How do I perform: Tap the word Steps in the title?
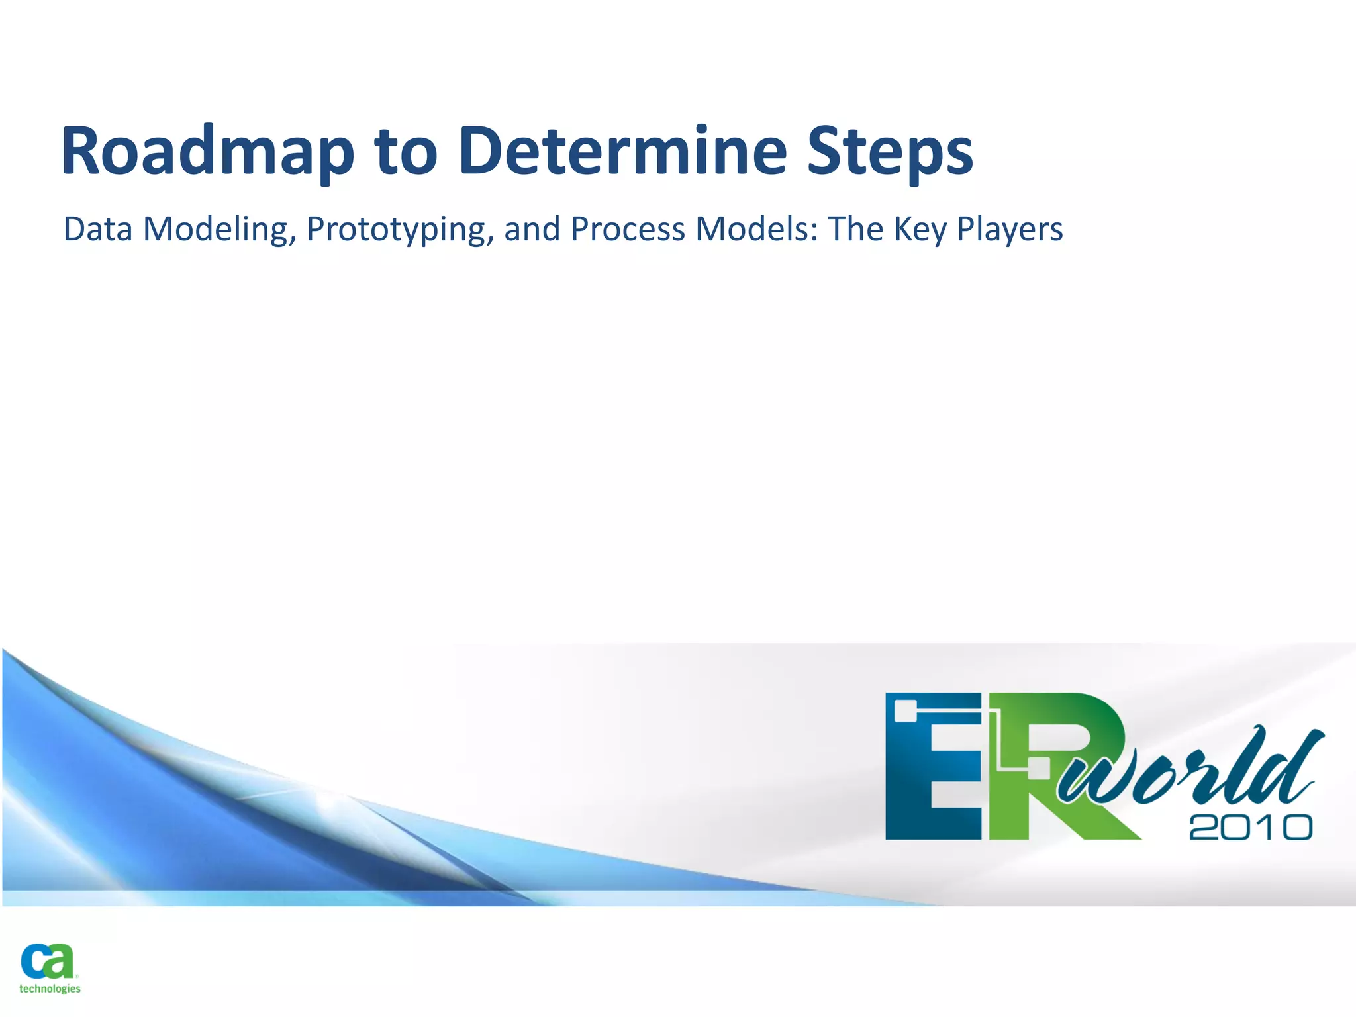(890, 152)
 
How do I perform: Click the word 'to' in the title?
(405, 152)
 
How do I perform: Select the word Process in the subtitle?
(627, 229)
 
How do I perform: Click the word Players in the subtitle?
(1010, 230)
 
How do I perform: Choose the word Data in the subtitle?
(97, 229)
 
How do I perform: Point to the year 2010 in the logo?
(1250, 828)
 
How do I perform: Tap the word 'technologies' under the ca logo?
(50, 989)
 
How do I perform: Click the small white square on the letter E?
(904, 711)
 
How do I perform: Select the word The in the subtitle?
(855, 229)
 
